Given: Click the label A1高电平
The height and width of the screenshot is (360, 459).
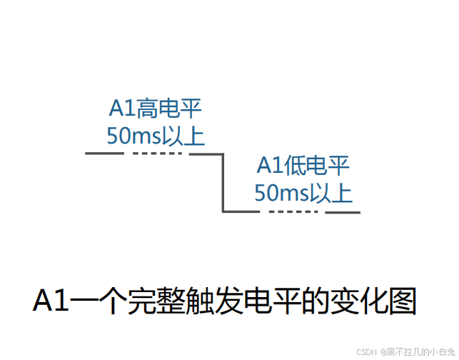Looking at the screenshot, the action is click(155, 109).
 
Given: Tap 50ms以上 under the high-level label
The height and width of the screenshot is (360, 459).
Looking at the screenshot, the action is click(155, 135).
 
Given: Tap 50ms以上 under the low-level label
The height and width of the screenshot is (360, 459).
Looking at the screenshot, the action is click(303, 192).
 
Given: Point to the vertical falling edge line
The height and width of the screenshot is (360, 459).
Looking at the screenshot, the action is click(223, 182).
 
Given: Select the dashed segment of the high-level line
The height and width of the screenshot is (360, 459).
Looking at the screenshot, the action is click(158, 154).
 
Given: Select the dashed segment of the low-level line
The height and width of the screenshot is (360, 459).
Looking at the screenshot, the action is click(293, 211).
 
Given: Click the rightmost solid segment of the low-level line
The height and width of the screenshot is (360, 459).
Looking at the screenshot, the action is click(343, 211).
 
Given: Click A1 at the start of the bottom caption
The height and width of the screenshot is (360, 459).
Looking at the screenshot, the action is click(51, 301).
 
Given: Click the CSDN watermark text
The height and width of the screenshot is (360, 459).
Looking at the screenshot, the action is click(365, 351).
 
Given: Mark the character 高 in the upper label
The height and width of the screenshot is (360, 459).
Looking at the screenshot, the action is click(146, 109).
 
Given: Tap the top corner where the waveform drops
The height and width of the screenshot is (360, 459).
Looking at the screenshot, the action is click(223, 154).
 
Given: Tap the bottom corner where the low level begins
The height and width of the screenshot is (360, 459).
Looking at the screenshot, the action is click(223, 211).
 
